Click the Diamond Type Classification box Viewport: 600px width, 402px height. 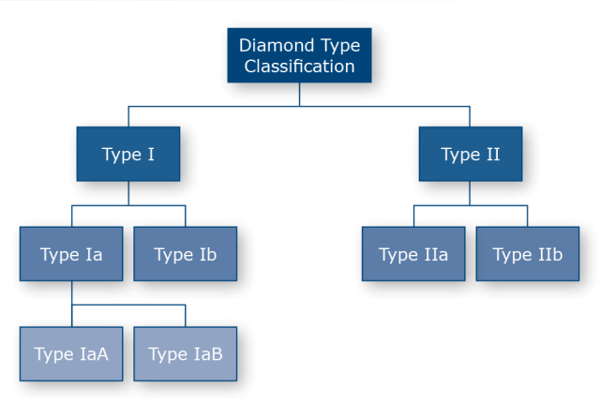click(299, 55)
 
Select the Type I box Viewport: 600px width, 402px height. click(128, 154)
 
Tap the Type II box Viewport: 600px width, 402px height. click(471, 154)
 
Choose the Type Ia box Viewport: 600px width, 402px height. click(71, 254)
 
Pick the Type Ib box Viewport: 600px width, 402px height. click(186, 254)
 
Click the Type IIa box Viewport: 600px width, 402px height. click(413, 254)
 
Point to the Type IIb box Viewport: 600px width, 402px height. click(527, 254)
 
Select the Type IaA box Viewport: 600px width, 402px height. click(71, 354)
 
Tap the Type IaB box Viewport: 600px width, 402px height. click(186, 354)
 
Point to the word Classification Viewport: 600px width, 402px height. click(299, 67)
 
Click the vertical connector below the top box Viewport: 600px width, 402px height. click(299, 95)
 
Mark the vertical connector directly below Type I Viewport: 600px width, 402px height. click(128, 193)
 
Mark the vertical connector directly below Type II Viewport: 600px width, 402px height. click(470, 193)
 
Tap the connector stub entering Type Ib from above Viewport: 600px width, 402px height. click(186, 216)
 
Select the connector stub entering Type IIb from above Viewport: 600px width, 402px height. click(527, 216)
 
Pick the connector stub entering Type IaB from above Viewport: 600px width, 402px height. click(186, 316)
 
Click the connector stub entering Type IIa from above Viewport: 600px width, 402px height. click(413, 216)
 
